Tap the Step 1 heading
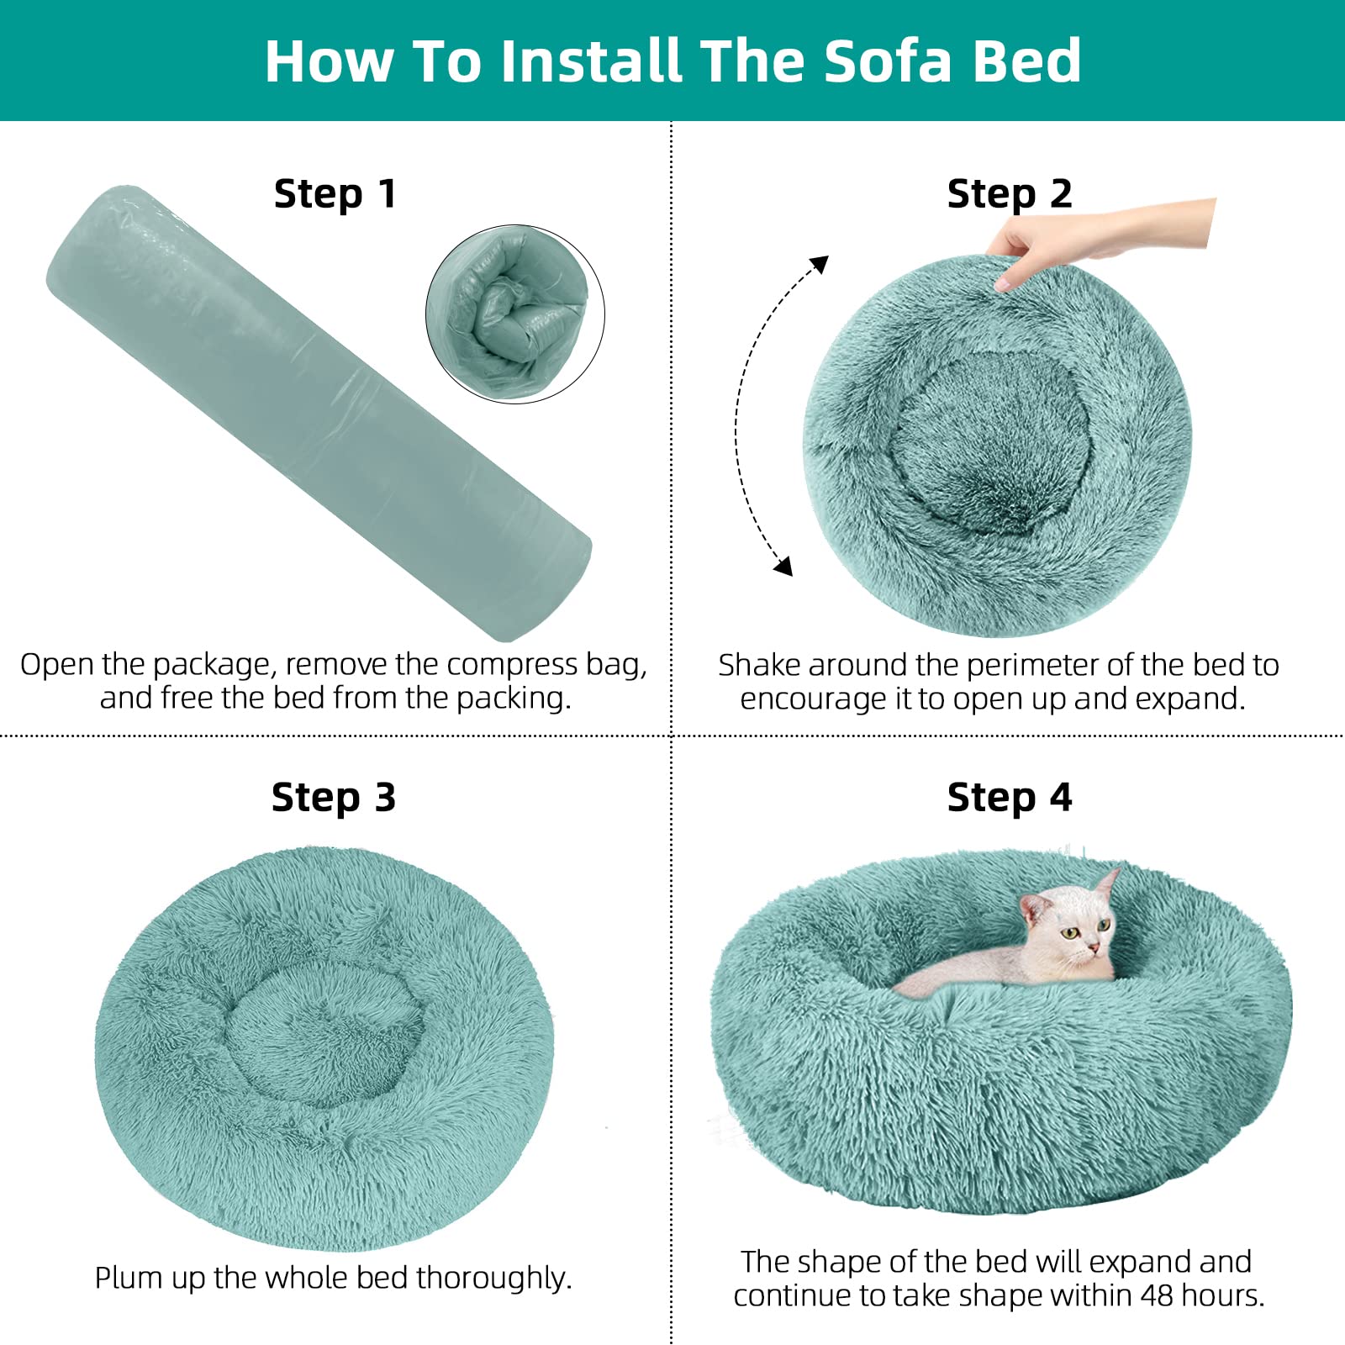tap(335, 194)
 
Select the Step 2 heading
tap(1009, 194)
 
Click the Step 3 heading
tap(333, 797)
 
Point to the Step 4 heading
tap(1009, 797)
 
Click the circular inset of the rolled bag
tap(515, 314)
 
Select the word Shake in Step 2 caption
tap(759, 665)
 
